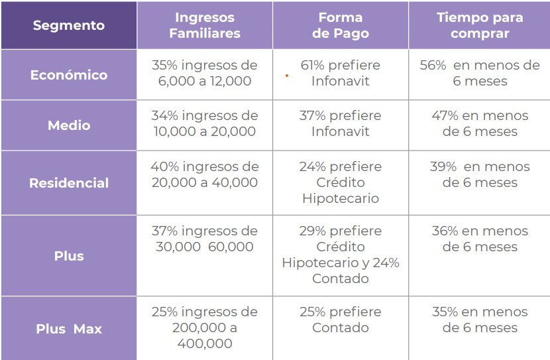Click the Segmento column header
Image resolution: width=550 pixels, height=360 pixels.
[x=69, y=25]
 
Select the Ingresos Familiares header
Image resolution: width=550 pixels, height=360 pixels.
[x=204, y=25]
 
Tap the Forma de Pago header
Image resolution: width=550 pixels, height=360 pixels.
[x=340, y=25]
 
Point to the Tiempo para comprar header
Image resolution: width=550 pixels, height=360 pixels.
[x=479, y=25]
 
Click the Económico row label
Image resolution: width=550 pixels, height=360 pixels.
[x=69, y=75]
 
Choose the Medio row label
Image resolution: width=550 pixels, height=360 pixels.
[x=69, y=125]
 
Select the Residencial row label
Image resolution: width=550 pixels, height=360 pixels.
[x=69, y=183]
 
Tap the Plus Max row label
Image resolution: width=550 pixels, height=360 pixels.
[x=69, y=328]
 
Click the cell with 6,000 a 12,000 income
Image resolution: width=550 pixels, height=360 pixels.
[x=204, y=74]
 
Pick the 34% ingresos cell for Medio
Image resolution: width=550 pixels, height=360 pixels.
[x=204, y=123]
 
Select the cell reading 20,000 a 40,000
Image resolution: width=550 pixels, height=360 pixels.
[x=204, y=174]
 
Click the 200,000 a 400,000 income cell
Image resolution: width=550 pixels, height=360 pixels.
[x=204, y=328]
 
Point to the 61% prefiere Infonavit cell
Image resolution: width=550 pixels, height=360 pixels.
[x=340, y=74]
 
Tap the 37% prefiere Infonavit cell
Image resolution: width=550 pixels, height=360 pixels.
[x=340, y=123]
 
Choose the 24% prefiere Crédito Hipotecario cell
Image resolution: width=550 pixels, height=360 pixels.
[x=340, y=182]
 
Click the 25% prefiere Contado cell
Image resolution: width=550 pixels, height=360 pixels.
[x=340, y=320]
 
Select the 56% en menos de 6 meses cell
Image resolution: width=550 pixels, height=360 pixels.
[x=479, y=74]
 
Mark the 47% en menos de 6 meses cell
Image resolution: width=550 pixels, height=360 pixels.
[x=479, y=123]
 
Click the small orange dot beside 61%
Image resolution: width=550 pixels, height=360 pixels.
[x=286, y=76]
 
